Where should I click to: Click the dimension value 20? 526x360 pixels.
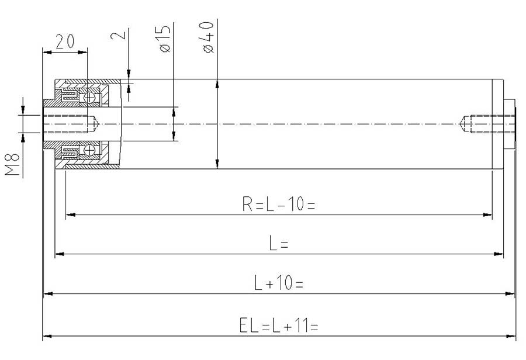coord(65,41)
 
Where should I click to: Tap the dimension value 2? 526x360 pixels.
coord(119,34)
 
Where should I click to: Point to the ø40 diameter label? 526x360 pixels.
coord(208,37)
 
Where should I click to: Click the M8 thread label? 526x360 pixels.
coord(12,164)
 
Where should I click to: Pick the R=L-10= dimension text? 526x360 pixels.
coord(278,204)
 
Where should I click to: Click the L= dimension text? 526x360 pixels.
coord(278,243)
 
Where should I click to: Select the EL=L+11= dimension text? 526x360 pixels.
coord(278,326)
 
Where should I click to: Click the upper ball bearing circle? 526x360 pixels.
coord(89,98)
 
